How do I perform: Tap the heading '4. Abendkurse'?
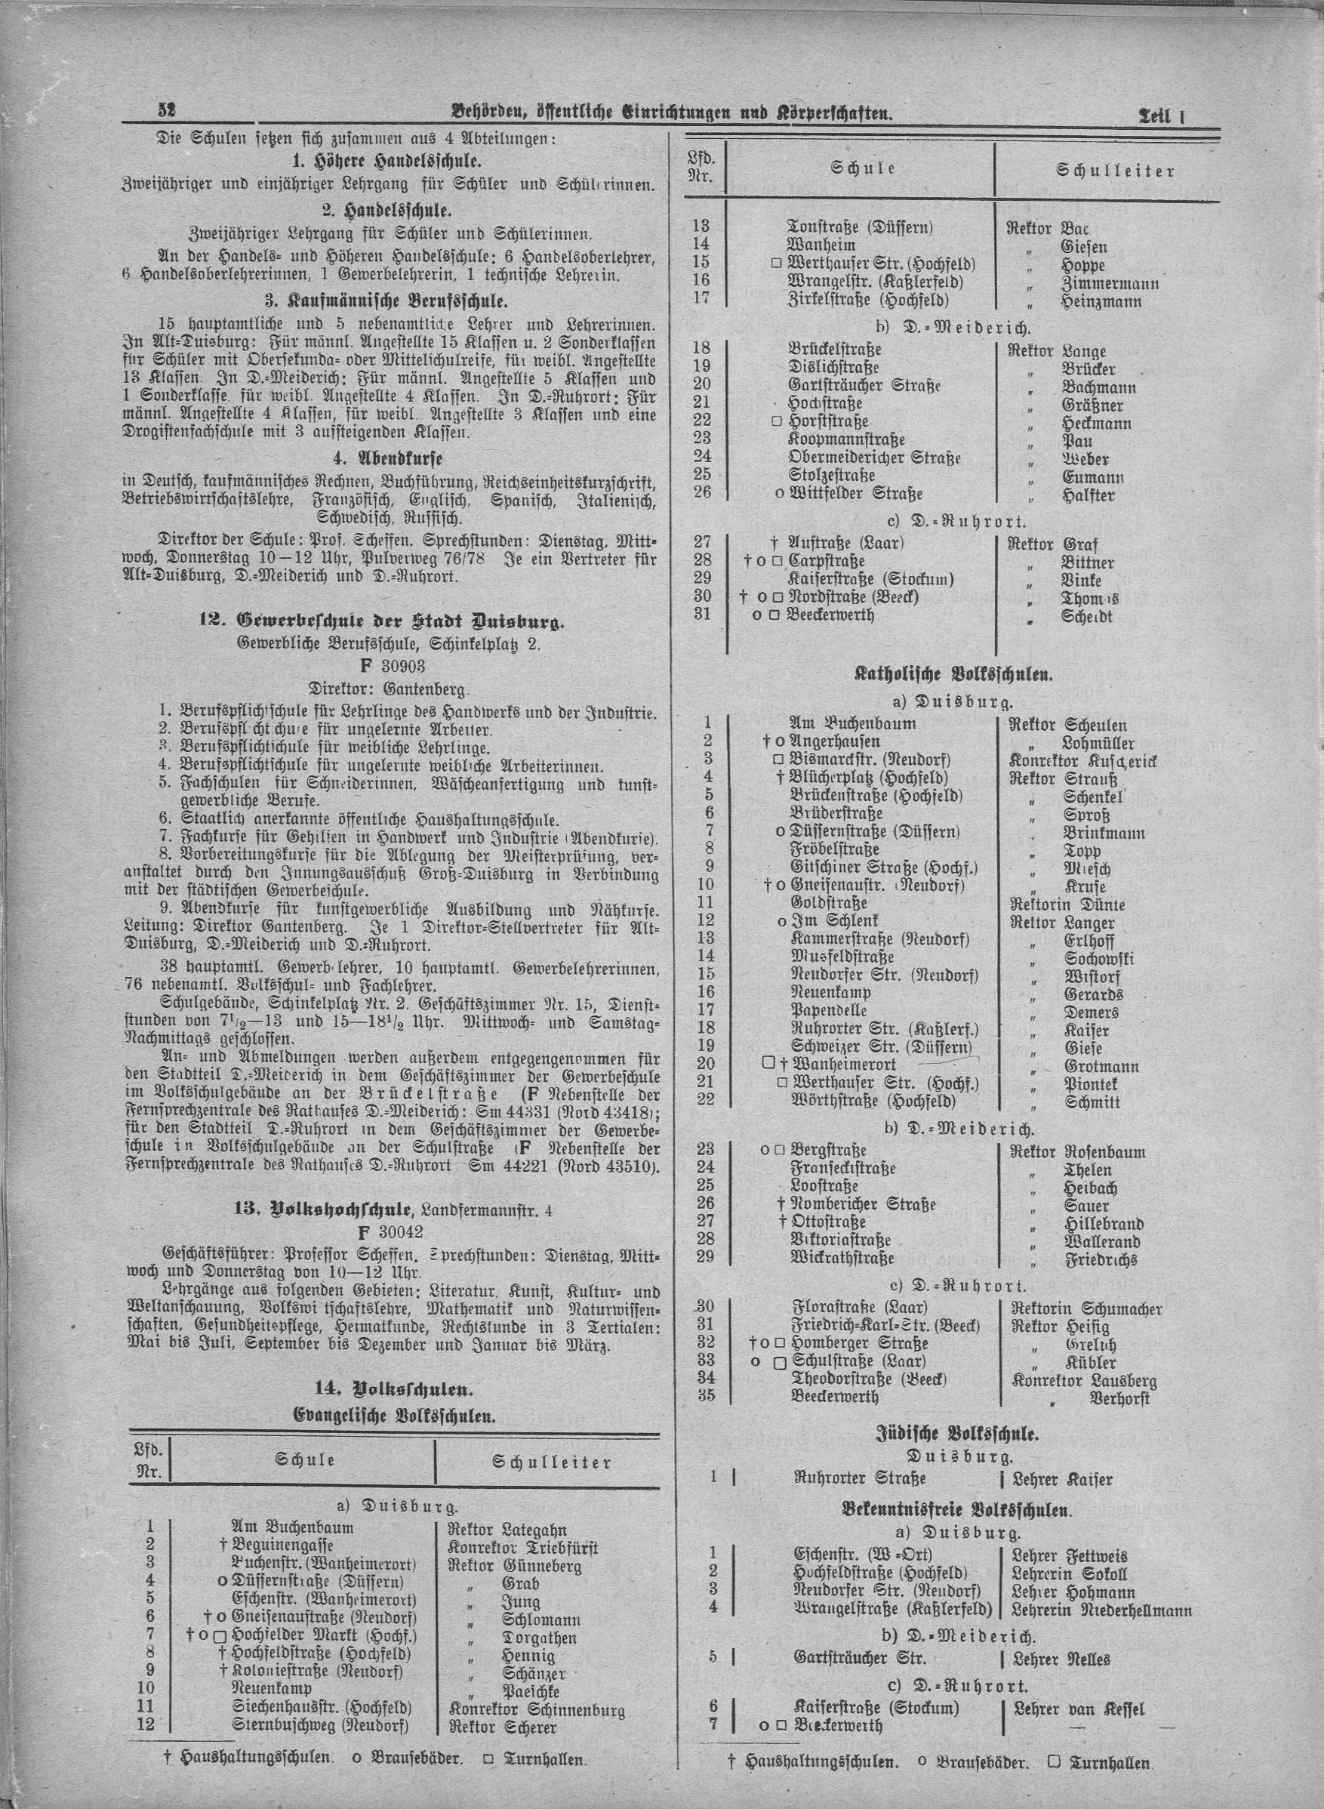pyautogui.click(x=390, y=458)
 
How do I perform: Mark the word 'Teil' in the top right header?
pyautogui.click(x=1153, y=116)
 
